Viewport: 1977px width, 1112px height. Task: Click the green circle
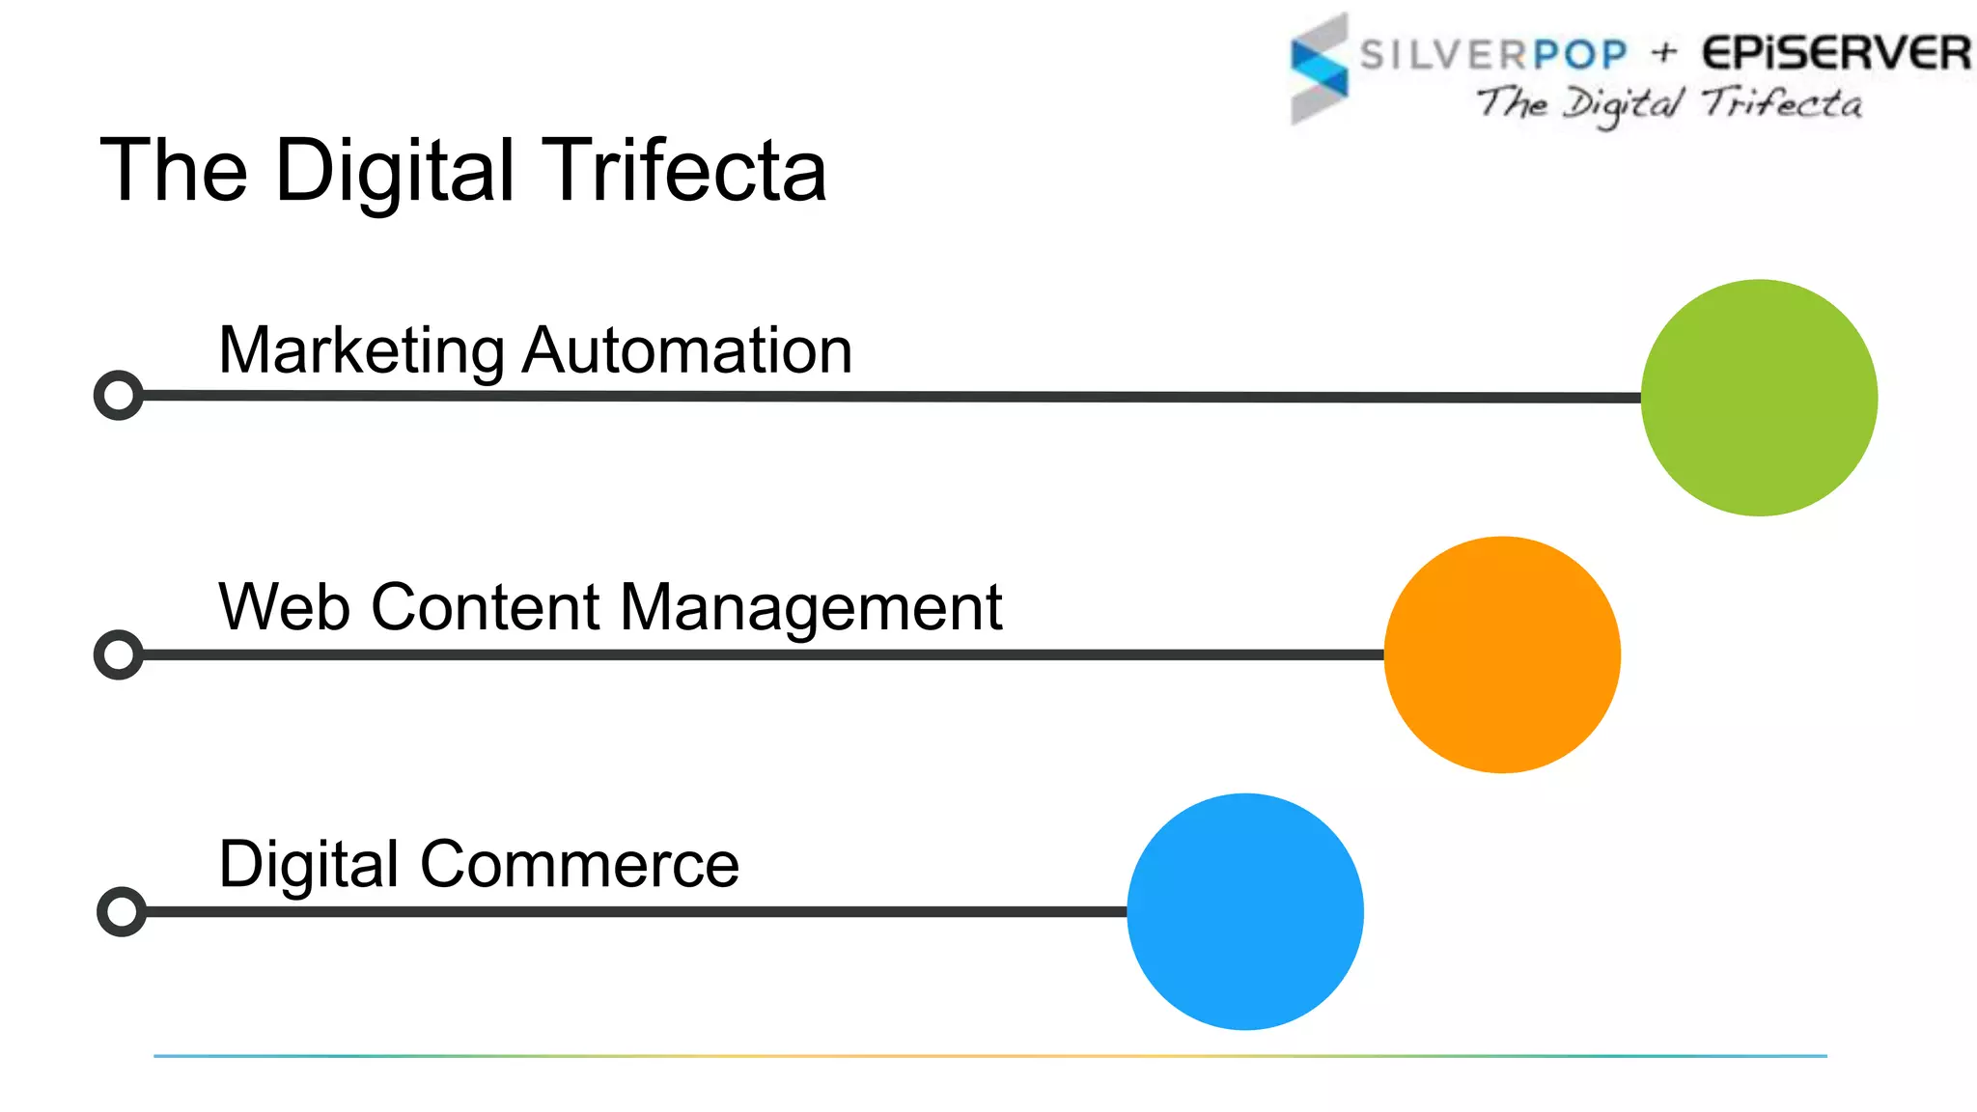(1759, 398)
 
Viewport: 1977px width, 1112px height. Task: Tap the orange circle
(1502, 654)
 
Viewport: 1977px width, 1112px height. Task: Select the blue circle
(1245, 911)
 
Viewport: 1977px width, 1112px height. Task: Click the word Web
(284, 607)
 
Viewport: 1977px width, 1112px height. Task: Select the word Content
(486, 607)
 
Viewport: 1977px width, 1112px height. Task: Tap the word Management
(811, 609)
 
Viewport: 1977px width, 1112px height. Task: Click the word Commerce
(579, 864)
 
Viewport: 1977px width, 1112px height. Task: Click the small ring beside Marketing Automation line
(119, 395)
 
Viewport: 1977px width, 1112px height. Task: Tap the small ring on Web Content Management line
(119, 654)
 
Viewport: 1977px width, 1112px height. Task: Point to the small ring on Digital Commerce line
(122, 911)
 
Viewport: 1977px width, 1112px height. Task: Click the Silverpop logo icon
(1319, 68)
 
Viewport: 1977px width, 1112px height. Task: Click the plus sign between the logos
(1664, 52)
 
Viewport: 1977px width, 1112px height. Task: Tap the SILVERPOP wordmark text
(1493, 55)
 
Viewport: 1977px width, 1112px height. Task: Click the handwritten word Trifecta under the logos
(1782, 102)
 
